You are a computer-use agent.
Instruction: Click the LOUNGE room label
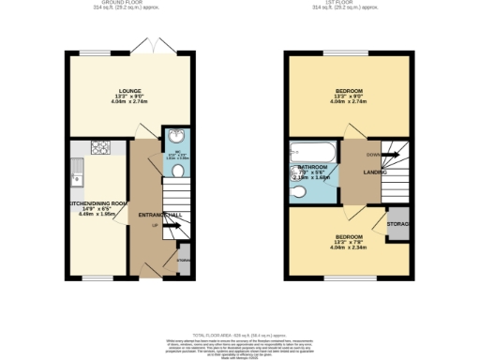coord(130,92)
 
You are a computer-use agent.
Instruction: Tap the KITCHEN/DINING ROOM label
coord(94,202)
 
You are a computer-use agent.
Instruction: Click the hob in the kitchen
coord(100,147)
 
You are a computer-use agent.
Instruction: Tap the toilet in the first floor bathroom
coord(298,192)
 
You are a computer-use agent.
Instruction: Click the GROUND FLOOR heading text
coord(130,4)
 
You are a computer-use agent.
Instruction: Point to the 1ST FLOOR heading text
coord(349,4)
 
